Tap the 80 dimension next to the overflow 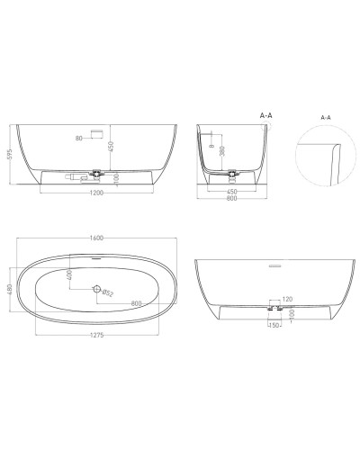[78, 138]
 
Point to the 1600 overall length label [96, 238]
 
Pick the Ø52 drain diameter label [108, 292]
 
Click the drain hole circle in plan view [96, 289]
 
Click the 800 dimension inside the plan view [138, 302]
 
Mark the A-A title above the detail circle [325, 116]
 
